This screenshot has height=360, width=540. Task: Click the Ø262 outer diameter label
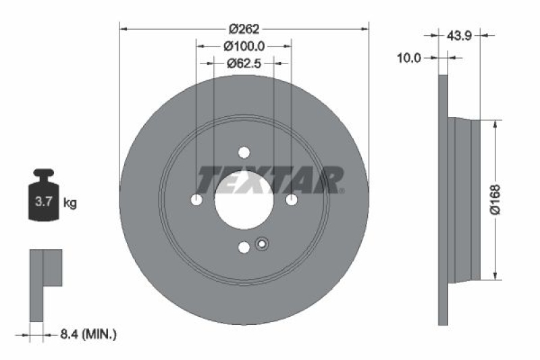244,28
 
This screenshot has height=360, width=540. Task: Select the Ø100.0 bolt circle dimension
244,46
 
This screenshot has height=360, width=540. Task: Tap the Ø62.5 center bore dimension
244,63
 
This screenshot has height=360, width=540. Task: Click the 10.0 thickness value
408,59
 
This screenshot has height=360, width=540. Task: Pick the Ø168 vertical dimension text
495,200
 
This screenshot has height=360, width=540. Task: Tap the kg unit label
70,202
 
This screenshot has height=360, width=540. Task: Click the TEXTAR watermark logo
270,180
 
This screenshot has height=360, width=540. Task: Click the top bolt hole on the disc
244,152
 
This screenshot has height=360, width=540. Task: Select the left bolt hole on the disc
196,200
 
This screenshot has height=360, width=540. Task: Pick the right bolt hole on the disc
292,200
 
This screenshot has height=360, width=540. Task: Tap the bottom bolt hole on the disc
244,248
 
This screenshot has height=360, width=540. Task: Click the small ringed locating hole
262,245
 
